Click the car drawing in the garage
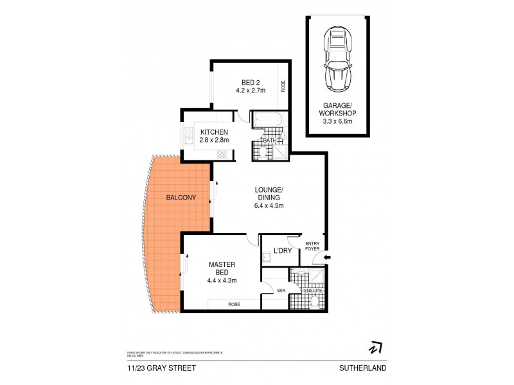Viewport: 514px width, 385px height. [x=338, y=58]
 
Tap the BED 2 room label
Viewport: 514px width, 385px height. [x=250, y=82]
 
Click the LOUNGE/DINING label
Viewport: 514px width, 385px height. [x=267, y=193]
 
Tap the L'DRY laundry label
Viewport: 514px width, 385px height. [x=283, y=250]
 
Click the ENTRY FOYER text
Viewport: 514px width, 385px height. [x=312, y=246]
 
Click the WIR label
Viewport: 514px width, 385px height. [x=280, y=291]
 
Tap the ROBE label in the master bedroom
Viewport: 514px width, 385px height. [x=233, y=304]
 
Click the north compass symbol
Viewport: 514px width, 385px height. [x=374, y=347]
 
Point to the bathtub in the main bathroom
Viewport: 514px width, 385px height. [x=265, y=120]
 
